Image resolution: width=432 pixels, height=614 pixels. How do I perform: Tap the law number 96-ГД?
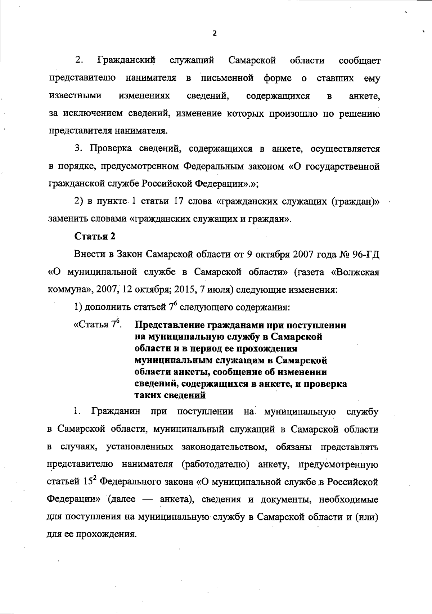click(366, 254)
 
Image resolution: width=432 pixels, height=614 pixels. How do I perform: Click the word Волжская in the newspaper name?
click(355, 272)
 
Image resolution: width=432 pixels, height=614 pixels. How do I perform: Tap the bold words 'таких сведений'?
click(170, 395)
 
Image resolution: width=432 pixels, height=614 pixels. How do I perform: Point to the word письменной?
click(228, 78)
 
